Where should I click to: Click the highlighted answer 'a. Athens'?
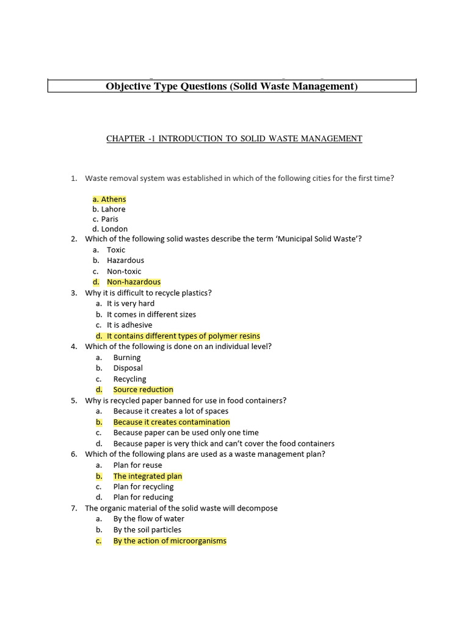pyautogui.click(x=109, y=199)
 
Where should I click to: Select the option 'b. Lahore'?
pyautogui.click(x=109, y=209)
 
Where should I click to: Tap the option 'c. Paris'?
pyautogui.click(x=106, y=219)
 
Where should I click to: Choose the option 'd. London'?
pyautogui.click(x=110, y=229)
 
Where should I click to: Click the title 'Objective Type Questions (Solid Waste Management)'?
pyautogui.click(x=231, y=86)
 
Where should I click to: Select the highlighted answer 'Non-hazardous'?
pyautogui.click(x=134, y=282)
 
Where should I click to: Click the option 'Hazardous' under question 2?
pyautogui.click(x=125, y=260)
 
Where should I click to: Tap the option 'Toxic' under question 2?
pyautogui.click(x=116, y=249)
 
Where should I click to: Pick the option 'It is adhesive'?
pyautogui.click(x=129, y=325)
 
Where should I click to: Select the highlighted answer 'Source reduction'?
pyautogui.click(x=143, y=389)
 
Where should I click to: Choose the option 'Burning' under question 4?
pyautogui.click(x=127, y=358)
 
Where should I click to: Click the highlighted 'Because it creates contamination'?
pyautogui.click(x=172, y=422)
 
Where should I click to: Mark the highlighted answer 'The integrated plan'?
pyautogui.click(x=148, y=476)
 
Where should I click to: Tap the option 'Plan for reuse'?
pyautogui.click(x=137, y=465)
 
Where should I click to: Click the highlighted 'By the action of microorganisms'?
pyautogui.click(x=170, y=540)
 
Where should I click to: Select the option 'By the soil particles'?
pyautogui.click(x=147, y=530)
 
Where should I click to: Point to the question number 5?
pyautogui.click(x=73, y=400)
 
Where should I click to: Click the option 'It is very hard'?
pyautogui.click(x=131, y=303)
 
